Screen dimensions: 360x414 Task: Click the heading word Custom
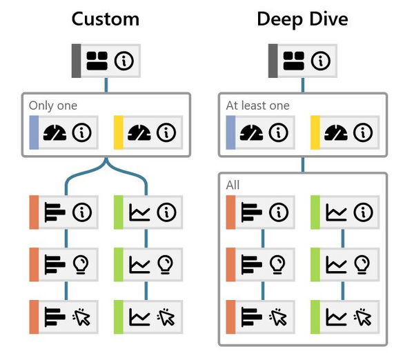pos(105,19)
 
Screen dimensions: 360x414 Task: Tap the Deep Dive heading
pos(302,19)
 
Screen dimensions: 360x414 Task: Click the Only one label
pos(53,106)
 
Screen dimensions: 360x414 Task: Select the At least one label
pos(257,106)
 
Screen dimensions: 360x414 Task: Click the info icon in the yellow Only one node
pos(165,131)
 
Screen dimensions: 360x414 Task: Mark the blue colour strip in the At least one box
pos(230,131)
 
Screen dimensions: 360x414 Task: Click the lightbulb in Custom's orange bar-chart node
pos(82,264)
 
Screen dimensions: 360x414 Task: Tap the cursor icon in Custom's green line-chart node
pos(166,317)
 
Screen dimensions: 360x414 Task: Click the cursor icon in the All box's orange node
pos(278,317)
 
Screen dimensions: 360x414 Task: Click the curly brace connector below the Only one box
pos(106,170)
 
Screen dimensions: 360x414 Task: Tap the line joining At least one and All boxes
pos(302,166)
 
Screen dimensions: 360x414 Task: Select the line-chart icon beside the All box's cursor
pos(337,317)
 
